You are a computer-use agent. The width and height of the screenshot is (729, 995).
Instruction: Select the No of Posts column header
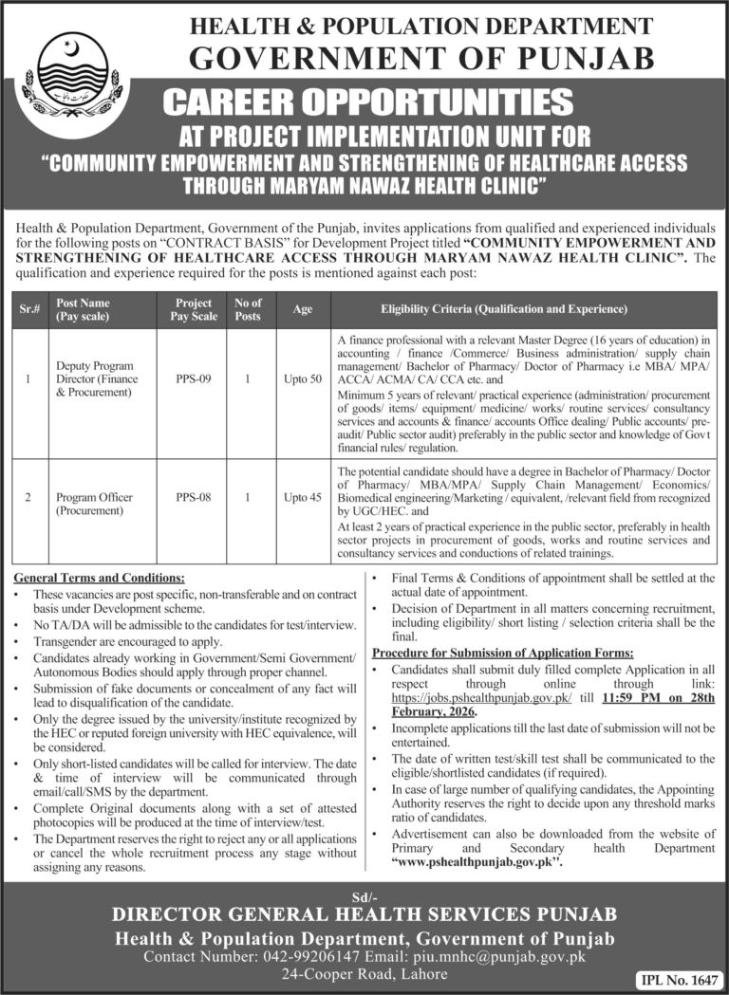point(247,309)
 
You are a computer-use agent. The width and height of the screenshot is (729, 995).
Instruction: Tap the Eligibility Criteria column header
point(504,309)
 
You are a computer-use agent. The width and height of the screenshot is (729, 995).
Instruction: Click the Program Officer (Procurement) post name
point(94,503)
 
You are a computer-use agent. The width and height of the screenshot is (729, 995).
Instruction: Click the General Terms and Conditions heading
point(100,578)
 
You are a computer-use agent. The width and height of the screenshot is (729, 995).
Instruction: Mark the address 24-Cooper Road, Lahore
point(364,976)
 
